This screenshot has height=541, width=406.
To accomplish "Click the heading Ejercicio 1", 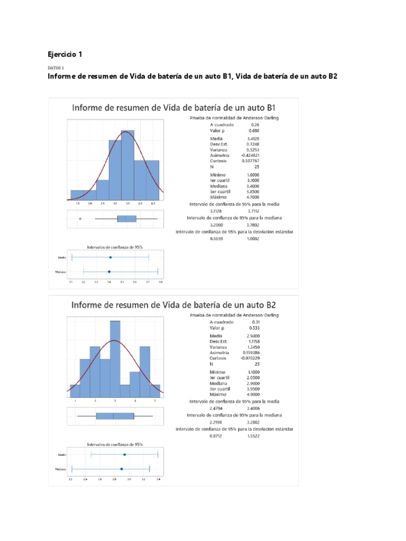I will point(65,54).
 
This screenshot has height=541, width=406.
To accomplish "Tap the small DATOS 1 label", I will point(56,68).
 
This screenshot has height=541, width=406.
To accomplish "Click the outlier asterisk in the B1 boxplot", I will point(80,219).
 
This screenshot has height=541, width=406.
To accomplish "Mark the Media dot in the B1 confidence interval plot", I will point(110,257).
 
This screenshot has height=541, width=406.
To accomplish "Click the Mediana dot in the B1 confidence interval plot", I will point(109,272).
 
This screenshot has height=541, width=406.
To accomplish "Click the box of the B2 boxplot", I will point(115,416).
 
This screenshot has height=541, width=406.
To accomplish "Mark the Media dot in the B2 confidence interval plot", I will point(124,454).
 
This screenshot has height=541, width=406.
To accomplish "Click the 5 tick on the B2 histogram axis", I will point(155,402).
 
